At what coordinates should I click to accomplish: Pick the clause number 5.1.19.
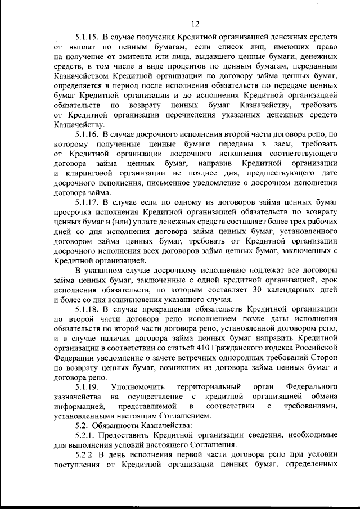pos(87,387)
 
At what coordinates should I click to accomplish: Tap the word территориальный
pos(206,387)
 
